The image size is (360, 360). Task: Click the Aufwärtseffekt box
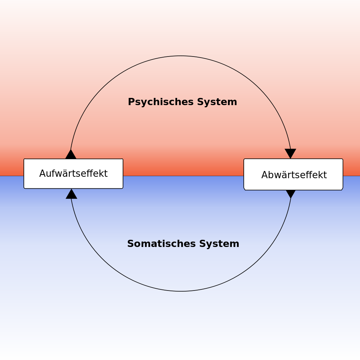pos(73,174)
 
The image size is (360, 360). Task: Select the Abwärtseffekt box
pos(293,175)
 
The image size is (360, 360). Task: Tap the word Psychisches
pos(160,102)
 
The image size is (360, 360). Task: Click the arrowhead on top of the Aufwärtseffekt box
pos(71,155)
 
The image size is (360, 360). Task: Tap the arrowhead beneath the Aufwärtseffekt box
pos(71,194)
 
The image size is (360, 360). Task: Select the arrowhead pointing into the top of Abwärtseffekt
pos(290,153)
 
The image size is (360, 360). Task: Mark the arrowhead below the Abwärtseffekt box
pos(291,194)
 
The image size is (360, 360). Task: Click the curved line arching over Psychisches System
pos(181,56)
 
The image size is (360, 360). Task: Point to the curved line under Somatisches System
pos(181,291)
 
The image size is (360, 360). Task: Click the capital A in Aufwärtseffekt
pos(42,174)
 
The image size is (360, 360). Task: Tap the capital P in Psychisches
pos(131,102)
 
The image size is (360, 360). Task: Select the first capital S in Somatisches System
pos(130,244)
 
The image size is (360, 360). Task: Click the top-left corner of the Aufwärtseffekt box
pos(24,159)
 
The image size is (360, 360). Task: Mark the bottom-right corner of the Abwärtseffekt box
pos(342,189)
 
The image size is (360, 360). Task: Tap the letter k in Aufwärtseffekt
pos(100,174)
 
